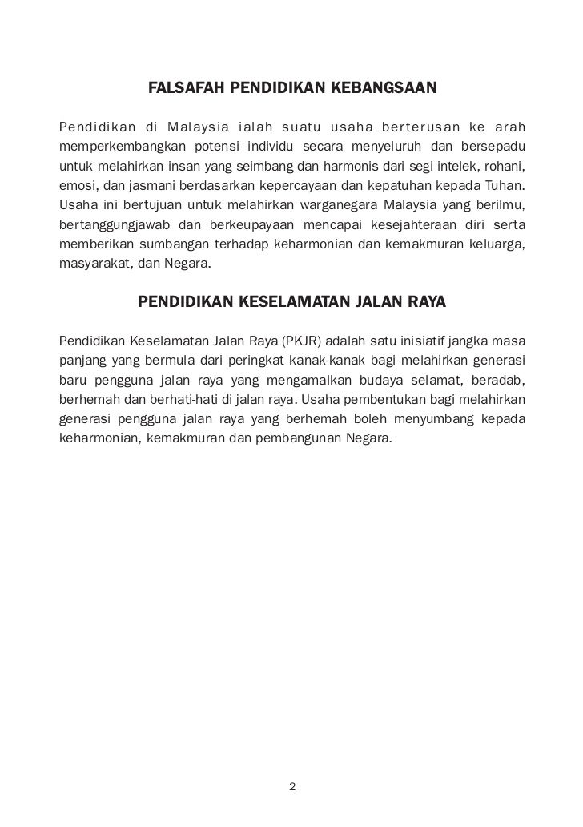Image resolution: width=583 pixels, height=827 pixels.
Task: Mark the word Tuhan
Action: pos(505,186)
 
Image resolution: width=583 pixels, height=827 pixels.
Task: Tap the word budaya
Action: pos(388,380)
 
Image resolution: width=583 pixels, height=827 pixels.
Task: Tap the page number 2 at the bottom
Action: pos(291,786)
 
